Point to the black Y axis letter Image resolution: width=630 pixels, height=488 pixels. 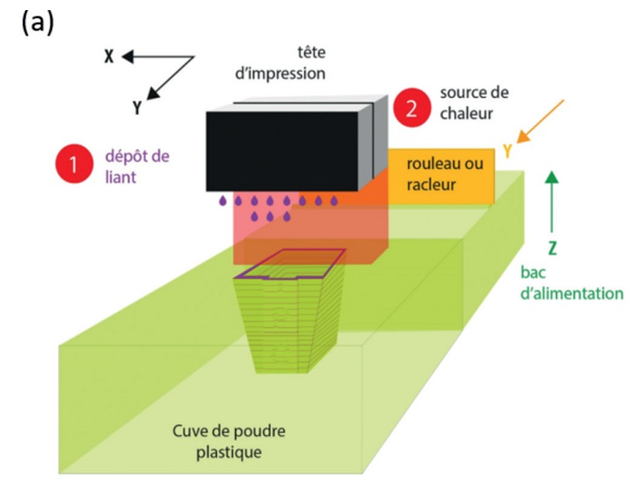137,108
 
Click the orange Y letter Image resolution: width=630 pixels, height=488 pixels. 508,151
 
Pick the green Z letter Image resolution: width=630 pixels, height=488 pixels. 552,251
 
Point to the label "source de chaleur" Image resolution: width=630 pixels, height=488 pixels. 474,103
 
